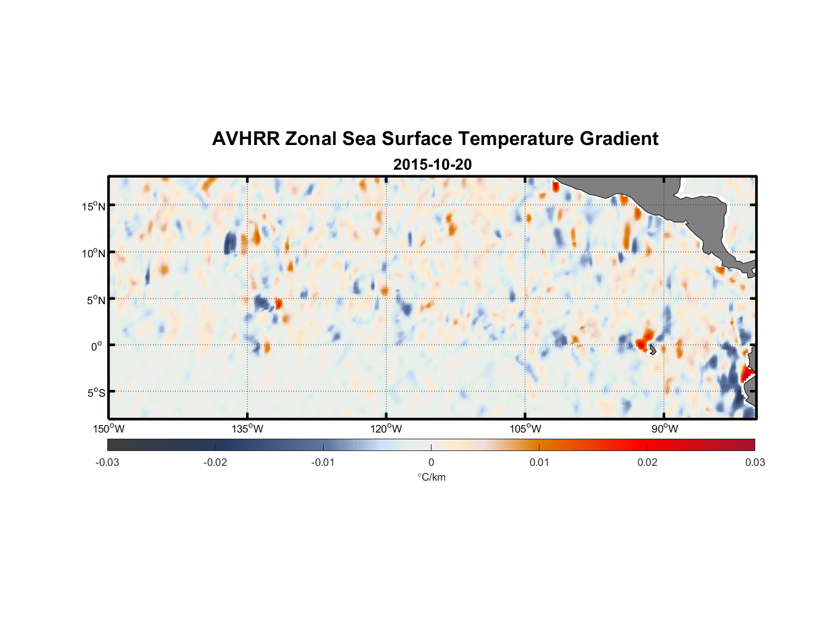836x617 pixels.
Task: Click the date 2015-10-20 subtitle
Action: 432,165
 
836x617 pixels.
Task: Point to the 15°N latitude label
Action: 94,206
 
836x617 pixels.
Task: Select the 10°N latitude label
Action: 94,253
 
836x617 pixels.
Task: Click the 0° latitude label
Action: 97,347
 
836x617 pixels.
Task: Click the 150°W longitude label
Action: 109,429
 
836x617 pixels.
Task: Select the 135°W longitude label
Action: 248,429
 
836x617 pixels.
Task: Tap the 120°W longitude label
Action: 387,429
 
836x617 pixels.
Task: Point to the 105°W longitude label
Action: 525,429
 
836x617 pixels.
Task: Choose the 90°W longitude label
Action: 664,429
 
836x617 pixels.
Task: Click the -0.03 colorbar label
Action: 107,463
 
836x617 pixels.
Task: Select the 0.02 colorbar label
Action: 647,463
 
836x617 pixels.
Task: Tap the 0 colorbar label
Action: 431,463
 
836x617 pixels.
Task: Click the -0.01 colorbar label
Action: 323,463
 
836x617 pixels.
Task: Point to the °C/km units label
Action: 431,477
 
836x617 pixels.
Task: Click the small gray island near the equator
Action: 652,350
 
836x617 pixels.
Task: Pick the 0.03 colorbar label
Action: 755,463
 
